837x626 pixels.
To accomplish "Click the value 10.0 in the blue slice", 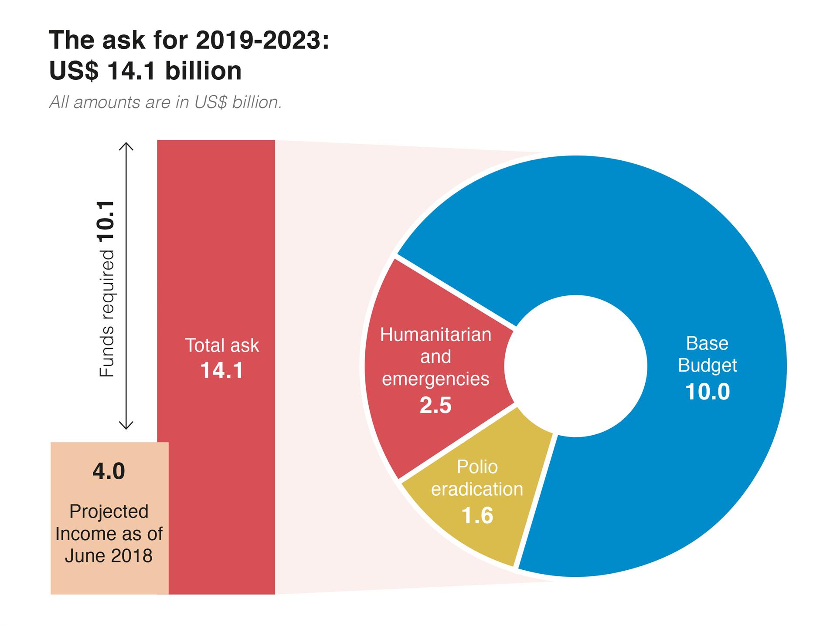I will click(707, 391).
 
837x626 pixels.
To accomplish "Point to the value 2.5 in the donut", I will click(435, 405).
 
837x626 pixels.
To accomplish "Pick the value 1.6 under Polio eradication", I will click(477, 515).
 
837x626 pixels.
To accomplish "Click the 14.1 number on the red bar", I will click(221, 371).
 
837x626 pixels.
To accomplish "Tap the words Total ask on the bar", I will click(221, 345).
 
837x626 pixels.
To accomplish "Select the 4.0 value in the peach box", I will click(109, 471).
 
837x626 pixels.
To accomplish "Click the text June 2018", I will click(109, 556).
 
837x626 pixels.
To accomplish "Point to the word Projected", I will click(109, 511).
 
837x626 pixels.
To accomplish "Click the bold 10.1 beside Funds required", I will click(106, 221).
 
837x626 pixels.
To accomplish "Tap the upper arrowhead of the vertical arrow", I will click(126, 145).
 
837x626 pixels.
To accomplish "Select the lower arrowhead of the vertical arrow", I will click(126, 426).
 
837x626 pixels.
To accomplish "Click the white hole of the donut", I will click(575, 366).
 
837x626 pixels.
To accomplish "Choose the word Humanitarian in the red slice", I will click(435, 335).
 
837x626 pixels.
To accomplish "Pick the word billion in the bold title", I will click(203, 71).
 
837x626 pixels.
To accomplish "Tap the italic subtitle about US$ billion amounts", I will click(165, 102).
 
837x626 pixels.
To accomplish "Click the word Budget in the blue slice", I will click(707, 365).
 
